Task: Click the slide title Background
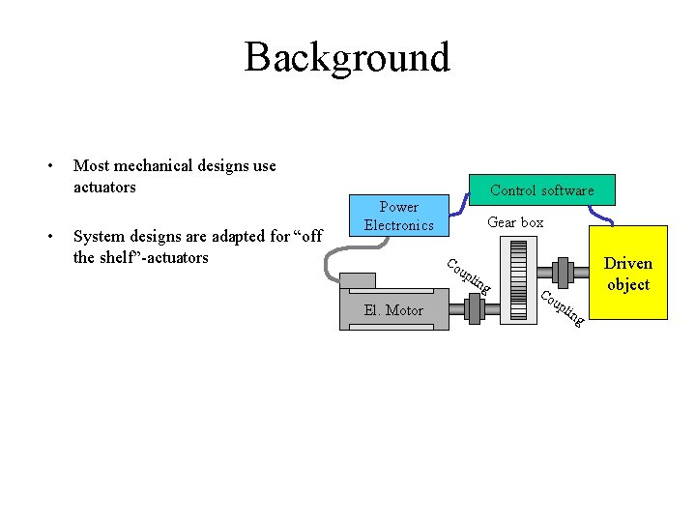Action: [x=347, y=57]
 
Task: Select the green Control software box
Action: [x=541, y=189]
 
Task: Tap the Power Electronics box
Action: [x=398, y=216]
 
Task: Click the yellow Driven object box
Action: [x=628, y=273]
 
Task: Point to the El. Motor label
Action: [x=392, y=310]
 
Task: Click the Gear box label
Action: [x=515, y=222]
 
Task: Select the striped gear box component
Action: [x=517, y=280]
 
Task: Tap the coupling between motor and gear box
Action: [x=474, y=309]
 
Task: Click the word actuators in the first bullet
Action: [x=104, y=187]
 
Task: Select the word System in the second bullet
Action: [x=100, y=237]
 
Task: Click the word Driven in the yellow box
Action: [x=628, y=263]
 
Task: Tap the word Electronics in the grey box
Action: [x=398, y=225]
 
